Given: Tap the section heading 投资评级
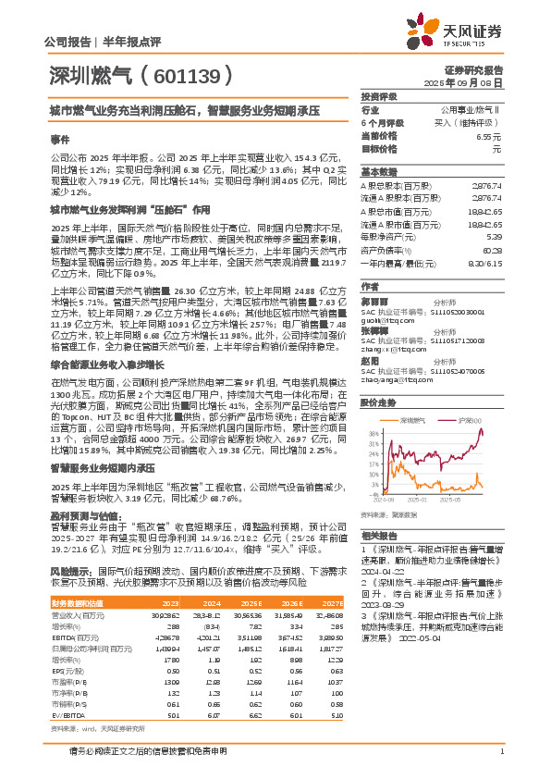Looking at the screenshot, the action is [378, 96].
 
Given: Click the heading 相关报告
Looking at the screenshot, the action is [378, 536].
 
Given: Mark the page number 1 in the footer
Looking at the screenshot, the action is [500, 763].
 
